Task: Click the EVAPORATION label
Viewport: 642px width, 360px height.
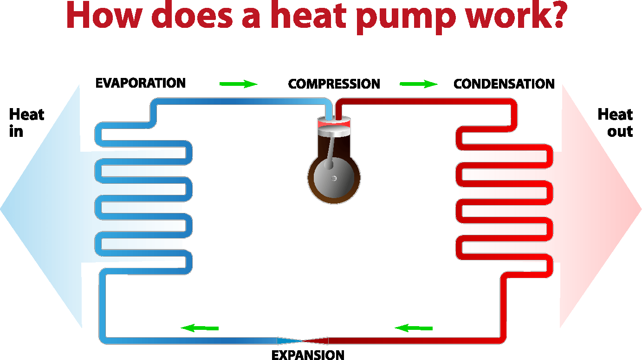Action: coord(140,83)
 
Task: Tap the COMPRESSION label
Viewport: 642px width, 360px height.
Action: coord(334,84)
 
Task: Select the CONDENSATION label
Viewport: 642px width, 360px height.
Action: coord(504,84)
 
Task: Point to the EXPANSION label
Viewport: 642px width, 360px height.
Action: coord(308,355)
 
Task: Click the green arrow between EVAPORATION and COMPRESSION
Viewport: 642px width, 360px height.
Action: coord(238,84)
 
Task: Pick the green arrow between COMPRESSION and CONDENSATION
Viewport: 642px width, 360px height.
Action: coord(418,84)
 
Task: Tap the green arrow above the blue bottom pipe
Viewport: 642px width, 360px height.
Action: coord(200,328)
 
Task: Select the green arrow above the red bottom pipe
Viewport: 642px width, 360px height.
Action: coord(414,328)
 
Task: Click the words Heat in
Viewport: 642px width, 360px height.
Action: coord(26,123)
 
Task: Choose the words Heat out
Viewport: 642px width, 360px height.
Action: coord(615,123)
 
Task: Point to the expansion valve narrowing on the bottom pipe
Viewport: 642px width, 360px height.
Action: coord(303,341)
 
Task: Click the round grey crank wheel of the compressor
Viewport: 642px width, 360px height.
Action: coord(334,179)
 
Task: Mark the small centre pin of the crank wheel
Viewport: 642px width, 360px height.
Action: coord(334,179)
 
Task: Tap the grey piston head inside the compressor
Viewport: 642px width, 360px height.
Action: coord(334,129)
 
